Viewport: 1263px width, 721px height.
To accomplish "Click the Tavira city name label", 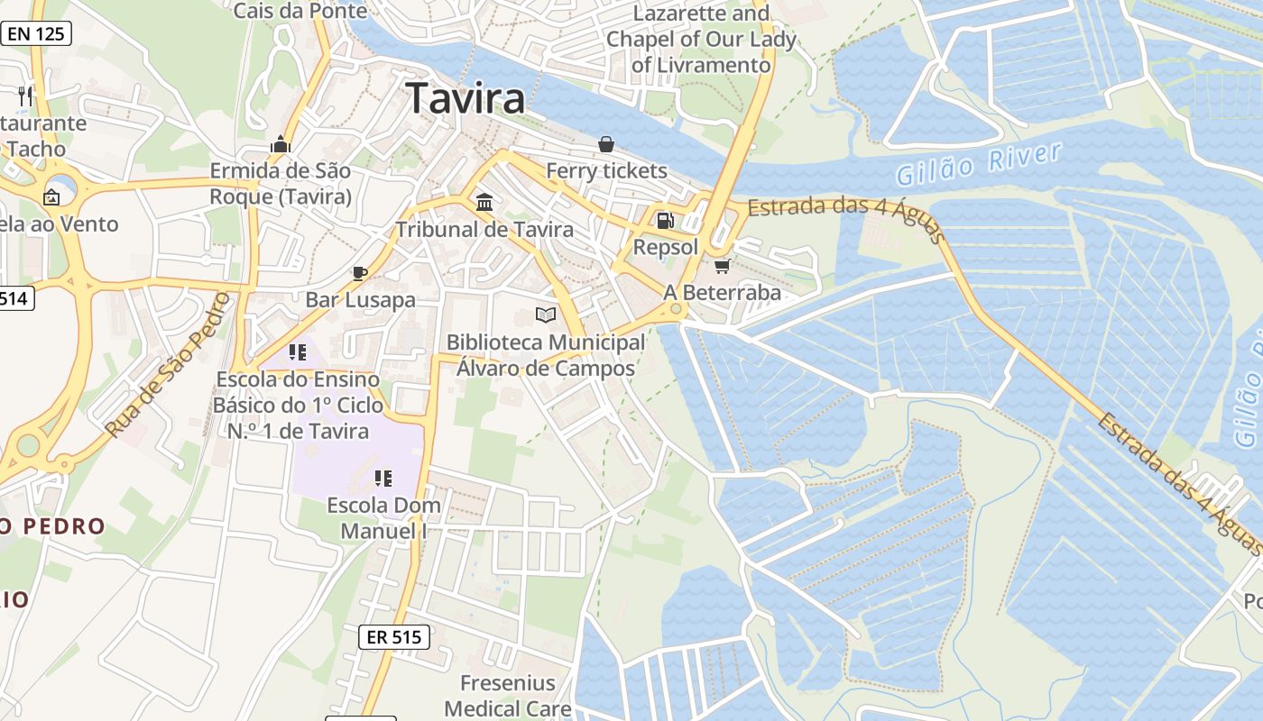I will [466, 97].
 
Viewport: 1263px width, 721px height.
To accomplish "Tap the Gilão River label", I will [979, 162].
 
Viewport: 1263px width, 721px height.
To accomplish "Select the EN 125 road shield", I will [36, 34].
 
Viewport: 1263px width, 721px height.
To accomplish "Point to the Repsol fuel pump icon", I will [665, 220].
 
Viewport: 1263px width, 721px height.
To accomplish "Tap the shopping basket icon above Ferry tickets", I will [606, 144].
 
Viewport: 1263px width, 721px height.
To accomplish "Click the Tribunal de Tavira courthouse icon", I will [484, 202].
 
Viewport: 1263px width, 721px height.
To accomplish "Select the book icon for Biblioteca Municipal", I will [546, 315].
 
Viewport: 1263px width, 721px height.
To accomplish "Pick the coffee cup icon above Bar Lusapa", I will [360, 272].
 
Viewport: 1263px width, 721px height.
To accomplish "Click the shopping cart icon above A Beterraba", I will [722, 265].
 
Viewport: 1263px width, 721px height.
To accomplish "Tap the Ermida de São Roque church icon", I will [281, 144].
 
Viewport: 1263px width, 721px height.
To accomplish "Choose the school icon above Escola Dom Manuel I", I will [383, 478].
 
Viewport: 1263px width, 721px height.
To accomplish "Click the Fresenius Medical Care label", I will [508, 696].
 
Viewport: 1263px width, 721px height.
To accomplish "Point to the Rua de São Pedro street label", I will [168, 365].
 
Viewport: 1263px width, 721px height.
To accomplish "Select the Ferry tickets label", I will [606, 170].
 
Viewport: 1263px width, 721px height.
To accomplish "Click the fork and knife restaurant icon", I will [25, 96].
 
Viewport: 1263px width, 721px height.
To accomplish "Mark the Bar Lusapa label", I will [360, 299].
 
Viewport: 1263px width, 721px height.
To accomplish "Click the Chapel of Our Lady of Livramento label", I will [701, 40].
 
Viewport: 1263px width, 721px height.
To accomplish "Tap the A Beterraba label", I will [722, 292].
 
